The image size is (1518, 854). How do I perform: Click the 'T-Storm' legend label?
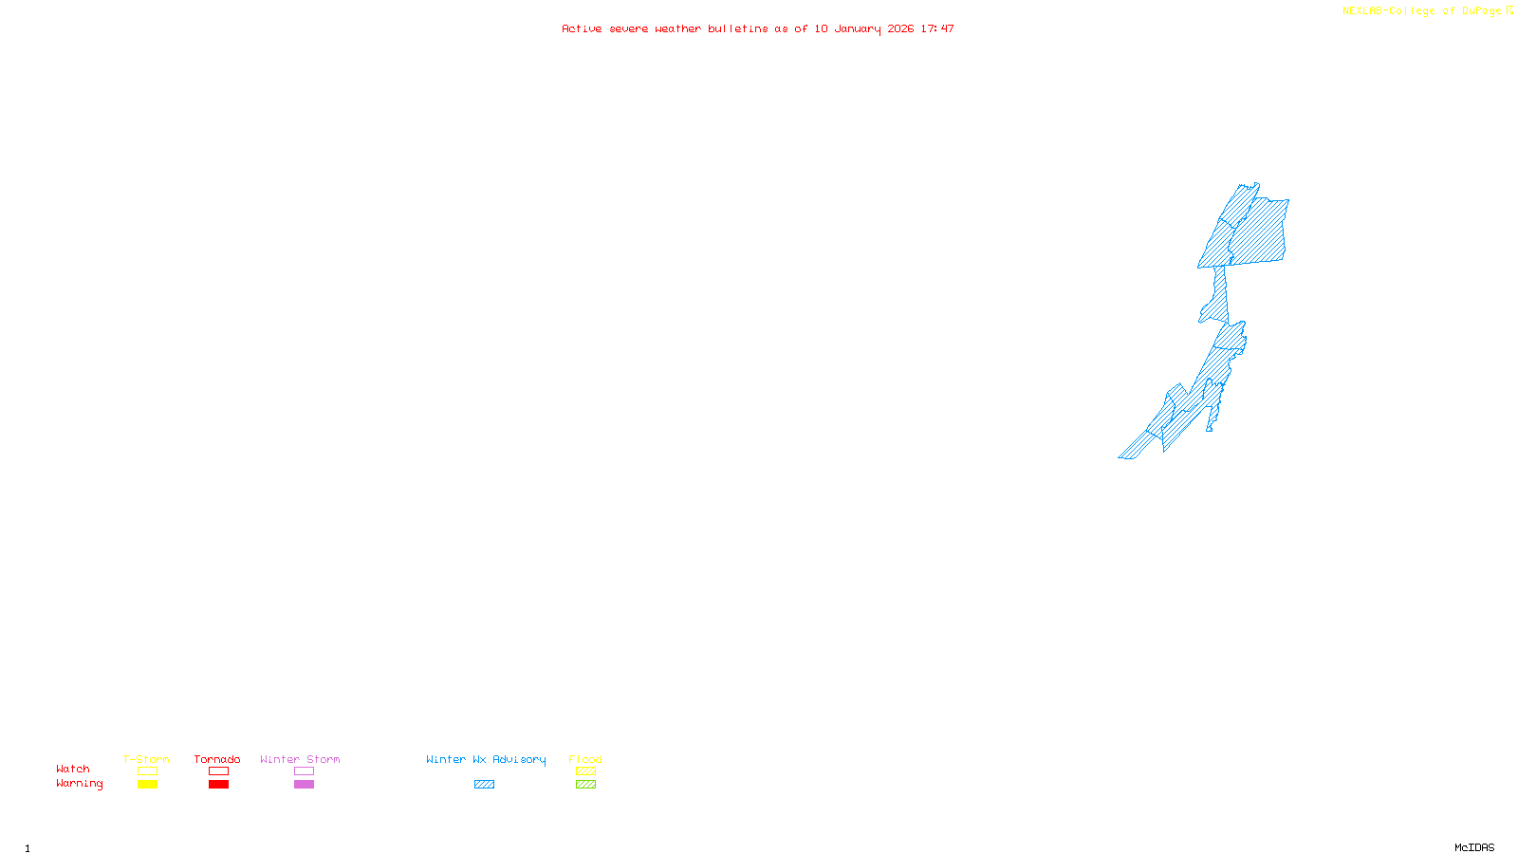pos(146,759)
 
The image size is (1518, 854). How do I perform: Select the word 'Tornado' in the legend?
pos(217,759)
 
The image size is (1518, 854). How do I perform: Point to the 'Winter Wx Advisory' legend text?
pos(486,759)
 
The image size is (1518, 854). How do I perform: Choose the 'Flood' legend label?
pos(585,759)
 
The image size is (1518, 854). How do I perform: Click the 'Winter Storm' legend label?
pos(300,759)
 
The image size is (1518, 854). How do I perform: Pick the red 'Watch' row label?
pos(73,769)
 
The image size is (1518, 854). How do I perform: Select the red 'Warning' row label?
pos(80,784)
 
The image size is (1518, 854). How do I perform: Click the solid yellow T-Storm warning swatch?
pos(147,785)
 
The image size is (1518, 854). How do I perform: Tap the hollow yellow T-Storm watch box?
pos(147,771)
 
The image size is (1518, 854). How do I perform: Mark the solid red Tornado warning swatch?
pos(219,785)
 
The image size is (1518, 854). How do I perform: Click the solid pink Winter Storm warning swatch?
pos(304,785)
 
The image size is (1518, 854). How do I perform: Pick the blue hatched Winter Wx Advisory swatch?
pos(484,785)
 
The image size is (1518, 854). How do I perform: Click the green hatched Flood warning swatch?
pos(585,785)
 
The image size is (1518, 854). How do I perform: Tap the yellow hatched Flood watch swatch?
pos(585,771)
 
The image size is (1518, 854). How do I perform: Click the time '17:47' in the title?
pos(937,28)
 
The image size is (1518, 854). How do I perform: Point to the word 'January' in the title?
pos(858,28)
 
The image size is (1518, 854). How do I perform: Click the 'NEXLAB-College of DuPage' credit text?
pos(1422,11)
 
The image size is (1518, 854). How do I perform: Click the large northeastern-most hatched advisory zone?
pos(1260,231)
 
